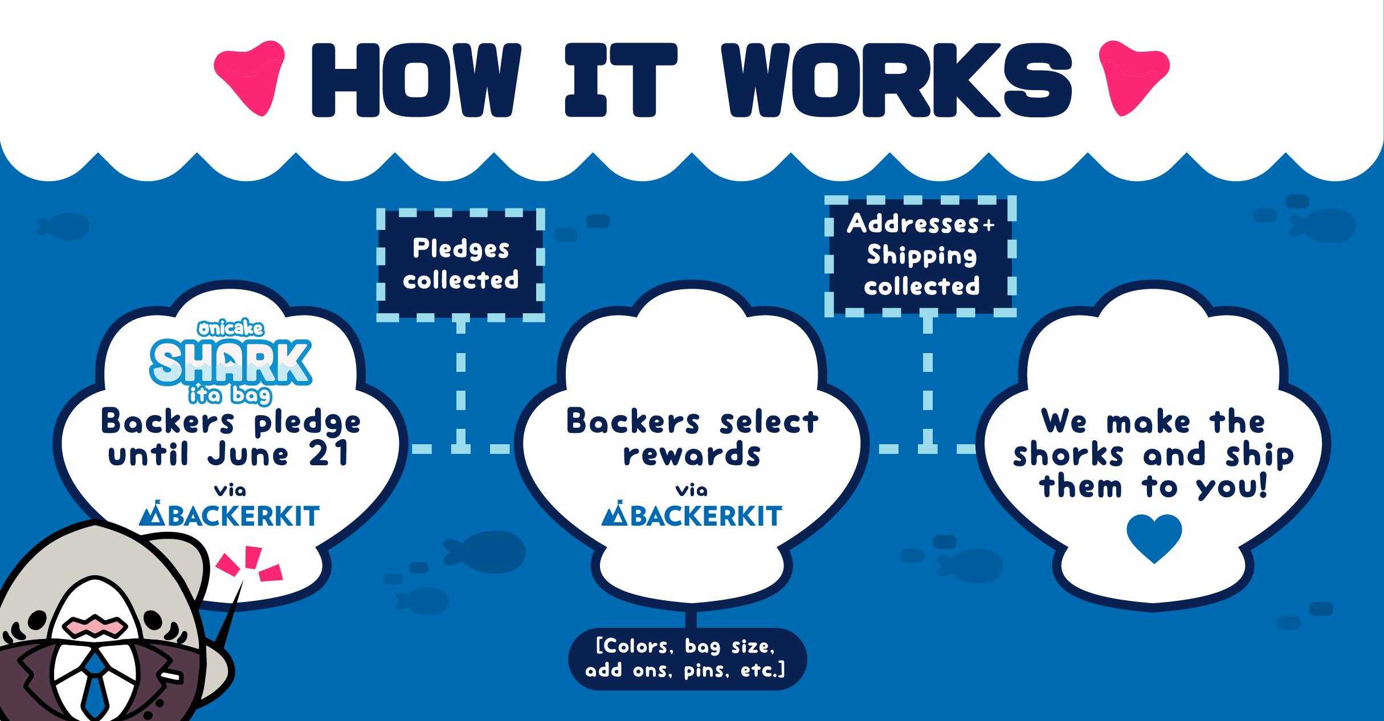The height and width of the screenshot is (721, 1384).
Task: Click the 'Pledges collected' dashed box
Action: pyautogui.click(x=460, y=264)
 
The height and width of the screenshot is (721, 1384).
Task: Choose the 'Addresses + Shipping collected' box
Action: pyautogui.click(x=921, y=256)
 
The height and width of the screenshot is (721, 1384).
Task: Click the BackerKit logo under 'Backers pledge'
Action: pyautogui.click(x=230, y=516)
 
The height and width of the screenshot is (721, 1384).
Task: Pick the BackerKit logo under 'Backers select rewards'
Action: pyautogui.click(x=692, y=516)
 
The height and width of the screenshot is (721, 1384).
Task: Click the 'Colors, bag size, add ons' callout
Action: pyautogui.click(x=687, y=658)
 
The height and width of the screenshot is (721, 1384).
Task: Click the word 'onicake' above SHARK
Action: pyautogui.click(x=231, y=329)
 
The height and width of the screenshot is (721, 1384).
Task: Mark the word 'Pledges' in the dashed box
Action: pyautogui.click(x=460, y=249)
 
